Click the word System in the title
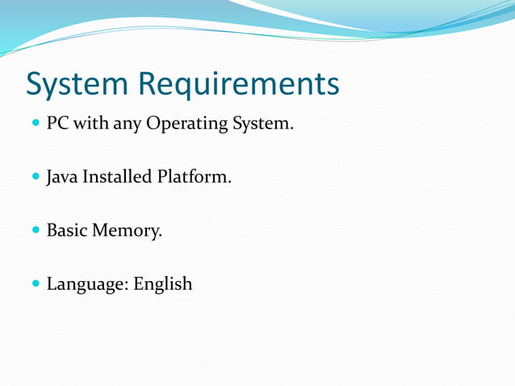click(77, 84)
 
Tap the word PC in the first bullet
click(57, 124)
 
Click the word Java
click(61, 177)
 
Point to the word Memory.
click(127, 231)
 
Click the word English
click(163, 284)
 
